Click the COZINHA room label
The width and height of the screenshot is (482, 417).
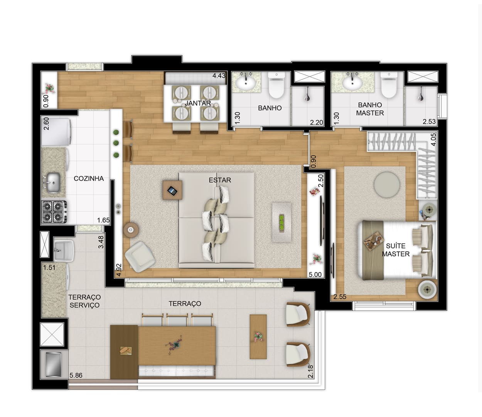coord(89,179)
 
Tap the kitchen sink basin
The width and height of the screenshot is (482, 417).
coord(54,182)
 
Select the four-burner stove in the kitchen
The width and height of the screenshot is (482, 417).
coord(54,212)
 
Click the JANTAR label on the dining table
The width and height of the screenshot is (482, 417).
coord(198,103)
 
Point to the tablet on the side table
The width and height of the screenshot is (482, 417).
coord(172,191)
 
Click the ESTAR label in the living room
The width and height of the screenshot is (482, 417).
coord(220,180)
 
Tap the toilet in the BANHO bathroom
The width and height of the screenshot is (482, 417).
coord(276,85)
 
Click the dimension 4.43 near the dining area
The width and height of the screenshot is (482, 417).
coord(219,76)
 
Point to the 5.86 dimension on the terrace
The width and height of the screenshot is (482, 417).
coord(76,375)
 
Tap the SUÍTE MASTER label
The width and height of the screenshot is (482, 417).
coord(396,250)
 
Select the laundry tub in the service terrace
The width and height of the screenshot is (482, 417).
coord(64,250)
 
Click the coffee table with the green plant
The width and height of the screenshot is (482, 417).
coord(282,222)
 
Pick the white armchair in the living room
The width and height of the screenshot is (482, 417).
coord(140,257)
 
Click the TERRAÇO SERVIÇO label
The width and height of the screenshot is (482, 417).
coord(84,301)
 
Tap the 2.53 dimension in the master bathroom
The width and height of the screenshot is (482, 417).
coord(429,122)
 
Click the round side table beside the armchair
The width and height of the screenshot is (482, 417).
coord(131,230)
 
